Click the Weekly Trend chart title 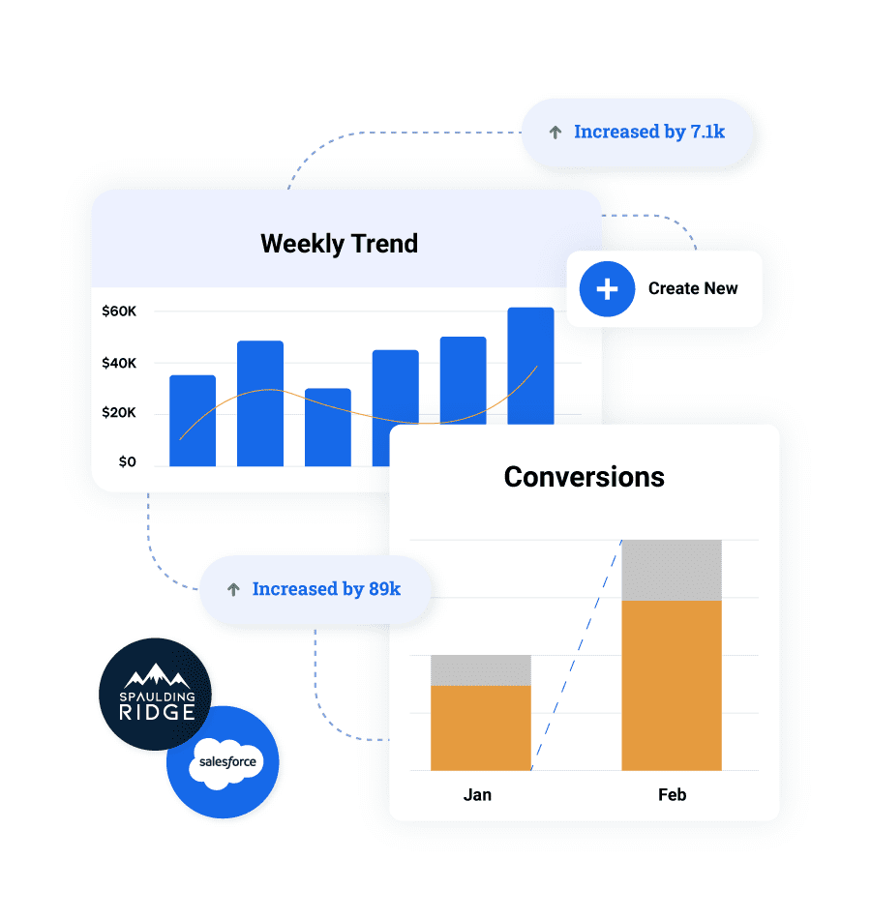[339, 244]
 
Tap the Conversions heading [585, 477]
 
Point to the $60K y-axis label [119, 311]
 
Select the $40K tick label [119, 363]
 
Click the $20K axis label [119, 412]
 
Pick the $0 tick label [128, 461]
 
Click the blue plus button [607, 289]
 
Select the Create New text [693, 288]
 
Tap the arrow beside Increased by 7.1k [555, 133]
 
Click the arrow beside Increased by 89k [233, 589]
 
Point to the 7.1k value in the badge [707, 132]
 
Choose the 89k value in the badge [385, 588]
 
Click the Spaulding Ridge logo [156, 694]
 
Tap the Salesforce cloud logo [226, 763]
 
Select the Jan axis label [477, 795]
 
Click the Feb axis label [673, 795]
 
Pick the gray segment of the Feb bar [672, 571]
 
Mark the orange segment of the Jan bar [481, 727]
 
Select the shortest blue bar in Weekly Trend [328, 428]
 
